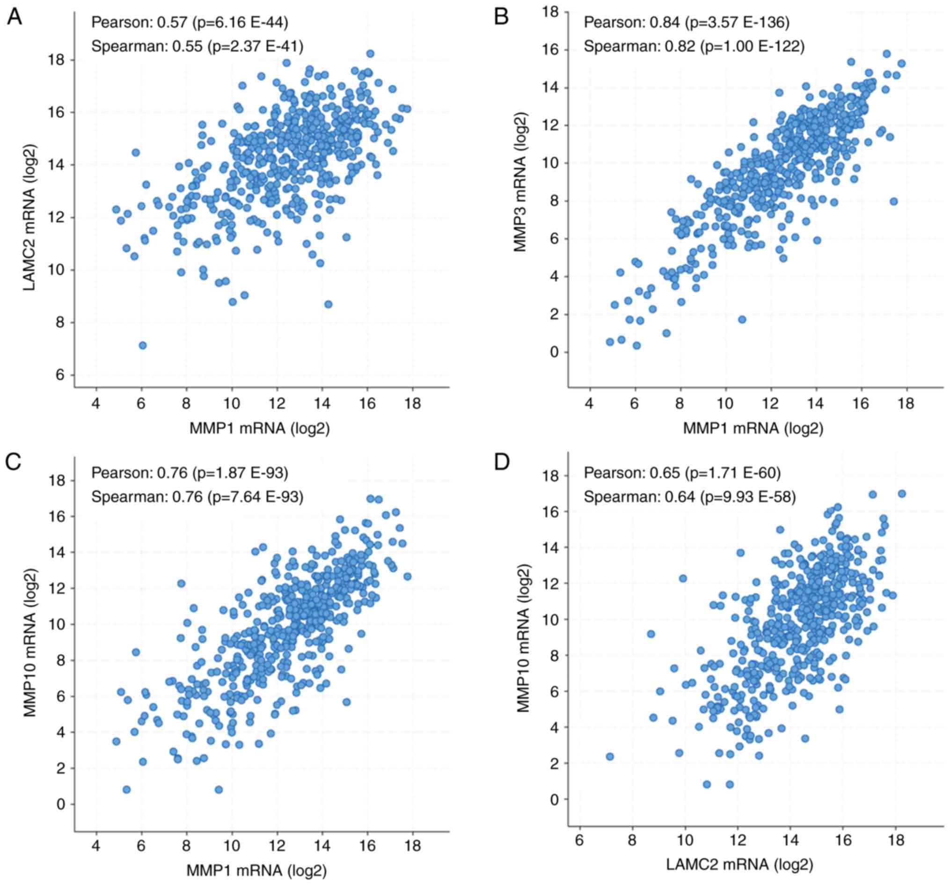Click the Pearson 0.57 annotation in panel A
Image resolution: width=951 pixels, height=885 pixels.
190,22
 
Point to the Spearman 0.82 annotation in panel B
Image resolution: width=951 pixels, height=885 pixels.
694,46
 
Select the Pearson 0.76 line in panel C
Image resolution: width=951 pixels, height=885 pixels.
190,473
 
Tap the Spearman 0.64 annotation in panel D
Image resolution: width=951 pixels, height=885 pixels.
689,497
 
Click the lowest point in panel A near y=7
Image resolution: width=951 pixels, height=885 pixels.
142,345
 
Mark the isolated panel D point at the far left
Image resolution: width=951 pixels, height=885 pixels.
609,756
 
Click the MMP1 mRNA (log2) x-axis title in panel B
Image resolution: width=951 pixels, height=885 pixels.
753,428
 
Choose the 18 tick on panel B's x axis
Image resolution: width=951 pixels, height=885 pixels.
906,403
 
